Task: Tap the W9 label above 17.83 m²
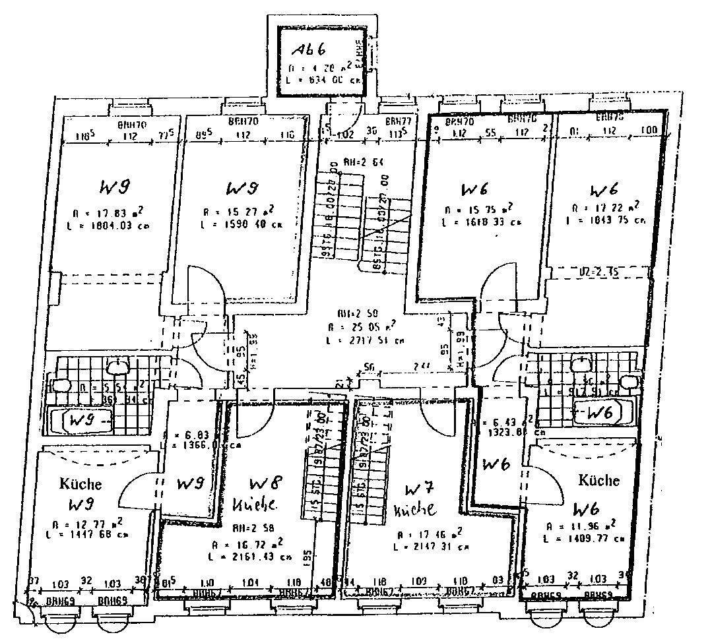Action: click(113, 188)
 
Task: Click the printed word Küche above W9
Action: click(81, 483)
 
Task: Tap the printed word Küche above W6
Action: click(598, 480)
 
